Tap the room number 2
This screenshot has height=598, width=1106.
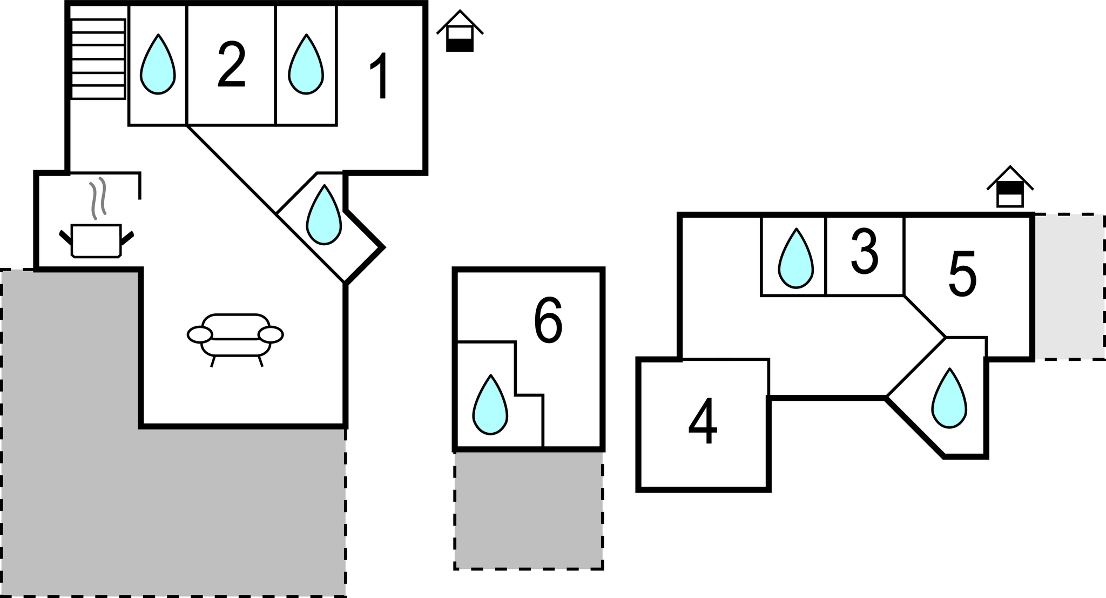click(232, 65)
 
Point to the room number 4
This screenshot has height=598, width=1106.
click(703, 422)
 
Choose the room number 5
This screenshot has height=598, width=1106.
click(962, 274)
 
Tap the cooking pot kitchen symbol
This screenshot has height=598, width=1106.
click(97, 241)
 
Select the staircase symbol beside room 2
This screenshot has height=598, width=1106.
click(98, 59)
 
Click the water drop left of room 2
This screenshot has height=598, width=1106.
click(158, 66)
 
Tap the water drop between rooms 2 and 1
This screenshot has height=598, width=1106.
click(306, 66)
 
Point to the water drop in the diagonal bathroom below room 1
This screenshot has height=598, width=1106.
click(323, 217)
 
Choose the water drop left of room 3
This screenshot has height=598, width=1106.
click(795, 260)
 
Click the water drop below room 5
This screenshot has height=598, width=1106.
click(949, 400)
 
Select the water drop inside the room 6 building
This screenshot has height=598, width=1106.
click(490, 406)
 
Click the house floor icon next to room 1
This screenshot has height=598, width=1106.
click(460, 32)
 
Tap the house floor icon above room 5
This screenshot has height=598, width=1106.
click(1010, 187)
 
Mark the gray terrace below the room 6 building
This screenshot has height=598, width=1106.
click(529, 509)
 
